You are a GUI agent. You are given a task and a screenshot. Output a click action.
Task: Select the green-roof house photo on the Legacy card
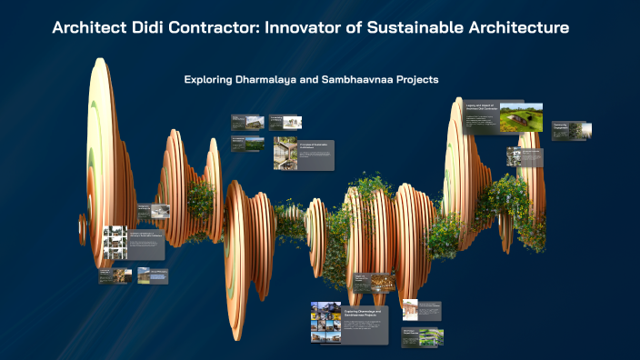pos(521,118)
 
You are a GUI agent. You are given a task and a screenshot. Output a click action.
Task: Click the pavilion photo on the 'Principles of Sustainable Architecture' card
pos(285,154)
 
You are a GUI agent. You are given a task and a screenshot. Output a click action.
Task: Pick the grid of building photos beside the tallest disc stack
pos(115,243)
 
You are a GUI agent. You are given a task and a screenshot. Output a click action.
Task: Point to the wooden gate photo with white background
pos(410,310)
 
